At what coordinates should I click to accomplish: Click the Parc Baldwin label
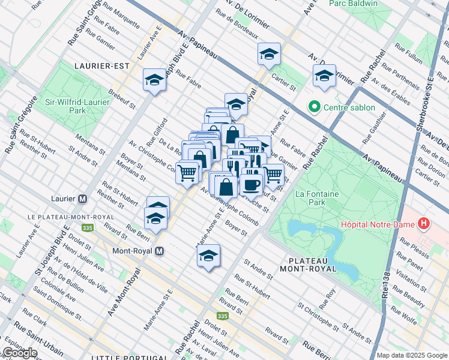(x=353, y=4)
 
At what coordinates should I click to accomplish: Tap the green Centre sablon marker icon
(x=313, y=107)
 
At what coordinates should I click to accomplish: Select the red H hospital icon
(x=425, y=224)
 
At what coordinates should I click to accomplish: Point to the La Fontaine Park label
(x=317, y=198)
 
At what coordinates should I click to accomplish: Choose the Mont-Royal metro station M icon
(x=159, y=251)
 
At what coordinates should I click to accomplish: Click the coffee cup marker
(x=252, y=184)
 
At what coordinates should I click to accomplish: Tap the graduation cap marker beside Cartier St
(x=269, y=55)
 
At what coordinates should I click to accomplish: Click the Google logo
(x=20, y=353)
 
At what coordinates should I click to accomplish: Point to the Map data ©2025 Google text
(x=412, y=355)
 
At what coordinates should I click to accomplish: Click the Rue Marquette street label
(x=121, y=18)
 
